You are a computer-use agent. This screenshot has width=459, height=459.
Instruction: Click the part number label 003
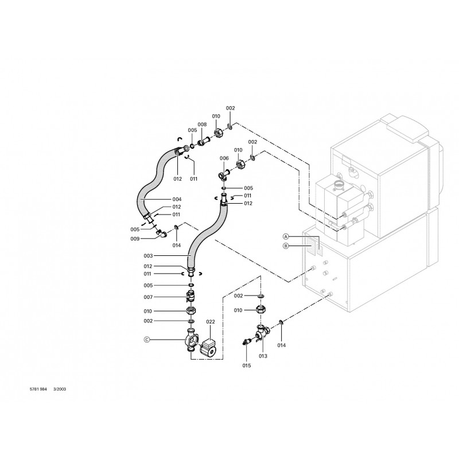(x=148, y=255)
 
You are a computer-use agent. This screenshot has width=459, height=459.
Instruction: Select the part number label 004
(x=177, y=199)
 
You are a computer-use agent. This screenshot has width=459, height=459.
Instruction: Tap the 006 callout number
(x=224, y=158)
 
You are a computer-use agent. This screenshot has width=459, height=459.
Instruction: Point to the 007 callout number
(x=148, y=297)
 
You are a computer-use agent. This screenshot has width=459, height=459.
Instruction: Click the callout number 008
(x=202, y=125)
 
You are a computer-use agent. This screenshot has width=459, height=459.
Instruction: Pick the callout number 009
(x=135, y=239)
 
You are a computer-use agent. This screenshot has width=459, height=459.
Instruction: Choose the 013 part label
(x=263, y=356)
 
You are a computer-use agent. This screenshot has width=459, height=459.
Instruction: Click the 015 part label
(x=247, y=365)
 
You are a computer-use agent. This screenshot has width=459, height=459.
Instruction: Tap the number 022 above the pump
(x=211, y=322)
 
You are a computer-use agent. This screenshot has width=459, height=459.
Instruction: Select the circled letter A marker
(x=285, y=236)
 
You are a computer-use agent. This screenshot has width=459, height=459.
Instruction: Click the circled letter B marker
(x=285, y=246)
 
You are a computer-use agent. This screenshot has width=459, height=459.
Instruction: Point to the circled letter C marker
(x=146, y=339)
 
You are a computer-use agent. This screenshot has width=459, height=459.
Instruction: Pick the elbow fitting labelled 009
(x=163, y=234)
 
